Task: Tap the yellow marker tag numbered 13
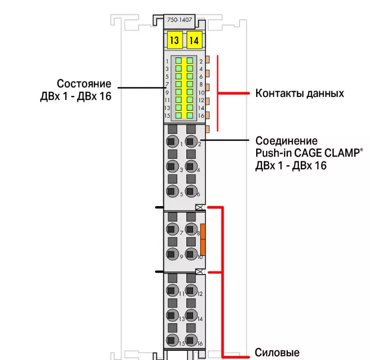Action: pyautogui.click(x=174, y=40)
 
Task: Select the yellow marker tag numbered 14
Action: pyautogui.click(x=194, y=40)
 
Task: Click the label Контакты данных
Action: pyautogui.click(x=299, y=93)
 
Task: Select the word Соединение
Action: pyautogui.click(x=287, y=141)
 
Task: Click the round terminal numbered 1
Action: pyautogui.click(x=172, y=141)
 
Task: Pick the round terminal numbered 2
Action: pyautogui.click(x=191, y=141)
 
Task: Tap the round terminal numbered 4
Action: pyautogui.click(x=191, y=166)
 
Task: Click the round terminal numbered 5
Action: pyautogui.click(x=172, y=191)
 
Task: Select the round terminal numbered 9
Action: pyautogui.click(x=172, y=254)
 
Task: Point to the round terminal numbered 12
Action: pyautogui.click(x=191, y=290)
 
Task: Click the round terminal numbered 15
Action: pyautogui.click(x=172, y=340)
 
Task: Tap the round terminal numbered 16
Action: pyautogui.click(x=191, y=340)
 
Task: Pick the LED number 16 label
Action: pyautogui.click(x=201, y=116)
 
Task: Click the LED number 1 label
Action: pyautogui.click(x=167, y=61)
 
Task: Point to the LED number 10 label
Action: pyautogui.click(x=201, y=93)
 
